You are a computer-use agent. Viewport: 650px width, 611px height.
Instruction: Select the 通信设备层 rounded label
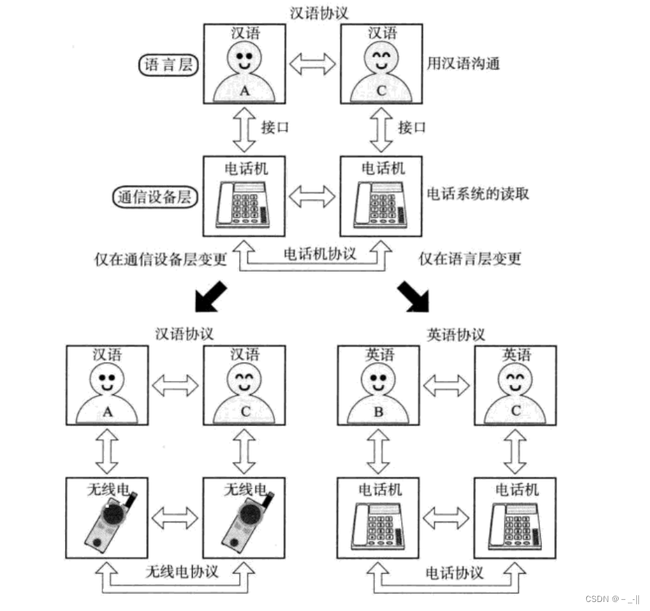(155, 197)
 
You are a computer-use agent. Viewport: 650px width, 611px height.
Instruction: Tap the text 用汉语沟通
(464, 64)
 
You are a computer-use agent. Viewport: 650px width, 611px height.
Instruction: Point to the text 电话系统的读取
(477, 193)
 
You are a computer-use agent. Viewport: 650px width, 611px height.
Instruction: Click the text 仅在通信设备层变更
(161, 259)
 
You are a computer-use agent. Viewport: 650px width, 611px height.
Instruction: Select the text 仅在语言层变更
(470, 259)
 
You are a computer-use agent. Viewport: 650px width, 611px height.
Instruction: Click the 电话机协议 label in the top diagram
(320, 254)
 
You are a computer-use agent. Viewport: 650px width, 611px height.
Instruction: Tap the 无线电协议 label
(182, 572)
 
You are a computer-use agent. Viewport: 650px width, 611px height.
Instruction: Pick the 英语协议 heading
(456, 334)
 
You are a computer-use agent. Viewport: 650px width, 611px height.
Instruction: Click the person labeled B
(378, 394)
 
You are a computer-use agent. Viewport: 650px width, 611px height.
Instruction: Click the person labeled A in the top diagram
(244, 72)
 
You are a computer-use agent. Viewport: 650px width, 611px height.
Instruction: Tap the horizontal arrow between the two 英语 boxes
(446, 385)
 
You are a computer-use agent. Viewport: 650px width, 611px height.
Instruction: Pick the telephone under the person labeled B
(378, 525)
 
